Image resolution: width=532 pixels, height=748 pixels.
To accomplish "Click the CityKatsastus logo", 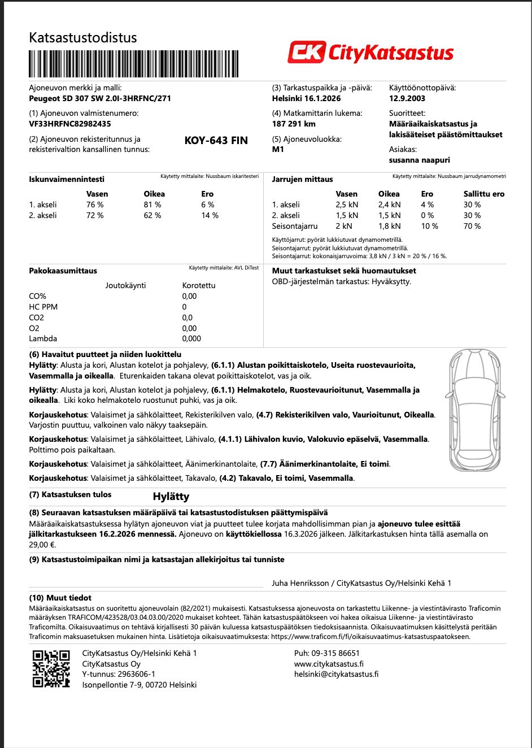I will point(370,53).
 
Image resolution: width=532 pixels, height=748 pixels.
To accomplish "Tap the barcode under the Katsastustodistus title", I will point(133,64).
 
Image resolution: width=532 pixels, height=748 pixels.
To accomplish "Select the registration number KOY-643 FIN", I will point(216,141).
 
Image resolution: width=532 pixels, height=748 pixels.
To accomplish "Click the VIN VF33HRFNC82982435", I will point(70,124).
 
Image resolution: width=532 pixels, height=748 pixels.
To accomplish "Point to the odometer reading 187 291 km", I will point(294,124).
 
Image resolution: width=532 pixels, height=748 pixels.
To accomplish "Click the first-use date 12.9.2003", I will point(407,98).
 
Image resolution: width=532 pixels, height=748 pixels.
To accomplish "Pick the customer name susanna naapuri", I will point(419,160).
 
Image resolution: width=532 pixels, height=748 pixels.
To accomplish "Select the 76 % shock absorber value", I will point(95,205).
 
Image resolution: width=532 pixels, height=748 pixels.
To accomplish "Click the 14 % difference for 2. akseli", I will point(210,215).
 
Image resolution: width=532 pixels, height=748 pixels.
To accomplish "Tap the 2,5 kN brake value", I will point(347,205).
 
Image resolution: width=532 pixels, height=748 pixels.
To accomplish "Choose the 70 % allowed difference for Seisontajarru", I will point(472,226).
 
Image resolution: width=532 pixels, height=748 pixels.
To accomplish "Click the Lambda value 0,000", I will point(191,338).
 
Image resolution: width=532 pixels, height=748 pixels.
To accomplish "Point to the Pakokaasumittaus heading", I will point(63,271).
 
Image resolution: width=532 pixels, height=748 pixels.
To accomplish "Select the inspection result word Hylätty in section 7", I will point(171,497).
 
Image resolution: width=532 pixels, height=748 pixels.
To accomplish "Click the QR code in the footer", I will point(51,669).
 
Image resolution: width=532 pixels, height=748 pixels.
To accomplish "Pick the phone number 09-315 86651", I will point(327,653).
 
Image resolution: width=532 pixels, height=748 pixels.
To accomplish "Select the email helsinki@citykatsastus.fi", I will point(336,674).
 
